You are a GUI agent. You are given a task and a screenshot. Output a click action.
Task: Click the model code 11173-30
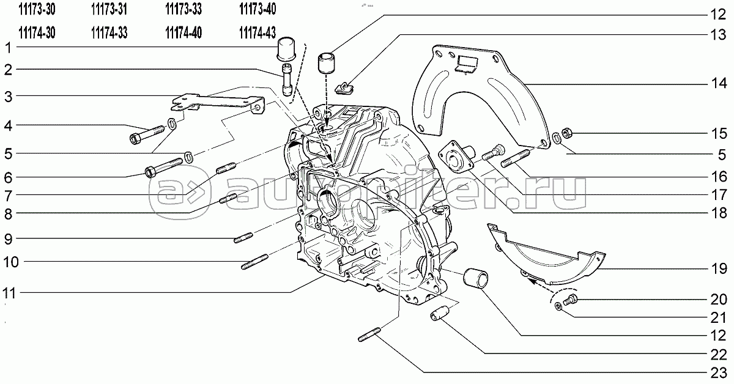click(x=37, y=10)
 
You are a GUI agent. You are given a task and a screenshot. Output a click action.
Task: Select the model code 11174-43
click(x=258, y=33)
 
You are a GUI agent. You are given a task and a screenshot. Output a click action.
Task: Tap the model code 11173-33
click(x=183, y=10)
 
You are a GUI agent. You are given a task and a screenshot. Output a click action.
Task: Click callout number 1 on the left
click(x=9, y=48)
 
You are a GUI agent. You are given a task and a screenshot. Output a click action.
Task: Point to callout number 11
click(x=9, y=293)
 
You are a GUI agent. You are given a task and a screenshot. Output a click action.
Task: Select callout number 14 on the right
click(x=719, y=83)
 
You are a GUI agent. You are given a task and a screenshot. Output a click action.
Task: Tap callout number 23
click(x=719, y=373)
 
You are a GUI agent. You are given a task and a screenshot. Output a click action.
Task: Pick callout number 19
click(x=719, y=269)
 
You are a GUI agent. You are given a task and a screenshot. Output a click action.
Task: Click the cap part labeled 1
click(x=286, y=49)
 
